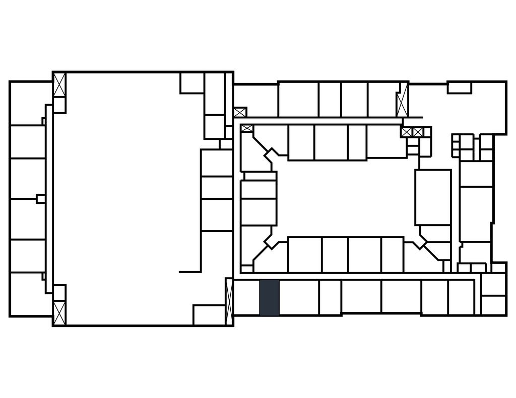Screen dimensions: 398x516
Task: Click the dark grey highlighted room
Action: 269,297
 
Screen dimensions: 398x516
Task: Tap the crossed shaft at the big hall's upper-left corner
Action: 59,86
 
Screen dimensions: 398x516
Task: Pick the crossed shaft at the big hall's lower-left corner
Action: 59,312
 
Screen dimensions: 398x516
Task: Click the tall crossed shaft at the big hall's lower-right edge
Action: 229,297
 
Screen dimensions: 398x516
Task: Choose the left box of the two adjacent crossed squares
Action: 407,132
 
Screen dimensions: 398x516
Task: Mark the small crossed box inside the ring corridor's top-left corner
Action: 247,129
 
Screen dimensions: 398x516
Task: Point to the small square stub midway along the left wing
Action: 41,199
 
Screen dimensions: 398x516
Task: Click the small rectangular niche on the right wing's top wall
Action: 459,88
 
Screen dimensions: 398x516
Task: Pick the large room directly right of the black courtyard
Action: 433,197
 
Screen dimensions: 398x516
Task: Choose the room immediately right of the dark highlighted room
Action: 298,297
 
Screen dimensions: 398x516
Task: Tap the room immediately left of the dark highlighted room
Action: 246,297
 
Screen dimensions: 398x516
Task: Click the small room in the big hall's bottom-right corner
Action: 209,314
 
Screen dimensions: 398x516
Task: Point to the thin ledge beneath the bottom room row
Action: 381,315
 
